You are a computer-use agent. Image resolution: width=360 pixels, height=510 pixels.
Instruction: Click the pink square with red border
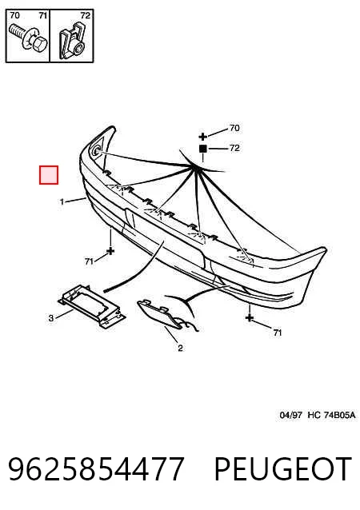click(x=49, y=175)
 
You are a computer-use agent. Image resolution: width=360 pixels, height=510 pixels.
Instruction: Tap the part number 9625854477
click(x=96, y=468)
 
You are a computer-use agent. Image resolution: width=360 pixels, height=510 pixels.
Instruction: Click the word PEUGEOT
click(x=283, y=468)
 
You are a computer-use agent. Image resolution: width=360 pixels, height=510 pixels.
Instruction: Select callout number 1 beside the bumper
click(x=62, y=201)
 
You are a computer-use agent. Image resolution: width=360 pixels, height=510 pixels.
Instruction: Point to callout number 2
click(x=180, y=348)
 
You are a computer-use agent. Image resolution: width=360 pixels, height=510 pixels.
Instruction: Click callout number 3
click(x=50, y=318)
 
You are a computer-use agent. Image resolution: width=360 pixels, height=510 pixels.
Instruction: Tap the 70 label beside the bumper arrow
click(x=234, y=128)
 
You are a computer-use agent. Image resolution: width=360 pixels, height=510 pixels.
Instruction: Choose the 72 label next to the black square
click(x=234, y=148)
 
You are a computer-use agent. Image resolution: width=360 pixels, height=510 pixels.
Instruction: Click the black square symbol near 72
click(x=203, y=149)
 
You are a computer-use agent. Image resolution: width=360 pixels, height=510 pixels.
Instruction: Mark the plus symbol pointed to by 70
click(x=202, y=137)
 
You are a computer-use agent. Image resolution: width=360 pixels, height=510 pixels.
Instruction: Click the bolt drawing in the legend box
click(x=29, y=38)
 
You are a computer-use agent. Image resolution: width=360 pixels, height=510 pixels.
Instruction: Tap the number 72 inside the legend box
click(x=85, y=15)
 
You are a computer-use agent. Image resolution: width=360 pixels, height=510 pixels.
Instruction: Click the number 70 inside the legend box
click(x=14, y=15)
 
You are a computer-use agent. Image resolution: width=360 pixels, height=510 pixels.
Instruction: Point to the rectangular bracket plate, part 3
click(x=92, y=307)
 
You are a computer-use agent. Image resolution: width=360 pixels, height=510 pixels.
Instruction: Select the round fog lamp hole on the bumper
click(x=96, y=150)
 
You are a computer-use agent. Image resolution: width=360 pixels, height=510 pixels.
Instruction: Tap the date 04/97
click(x=290, y=415)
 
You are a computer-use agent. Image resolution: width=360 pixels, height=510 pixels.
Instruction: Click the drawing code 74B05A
click(x=338, y=415)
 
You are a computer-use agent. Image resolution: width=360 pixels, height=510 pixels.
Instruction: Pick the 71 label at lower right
click(x=277, y=333)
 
